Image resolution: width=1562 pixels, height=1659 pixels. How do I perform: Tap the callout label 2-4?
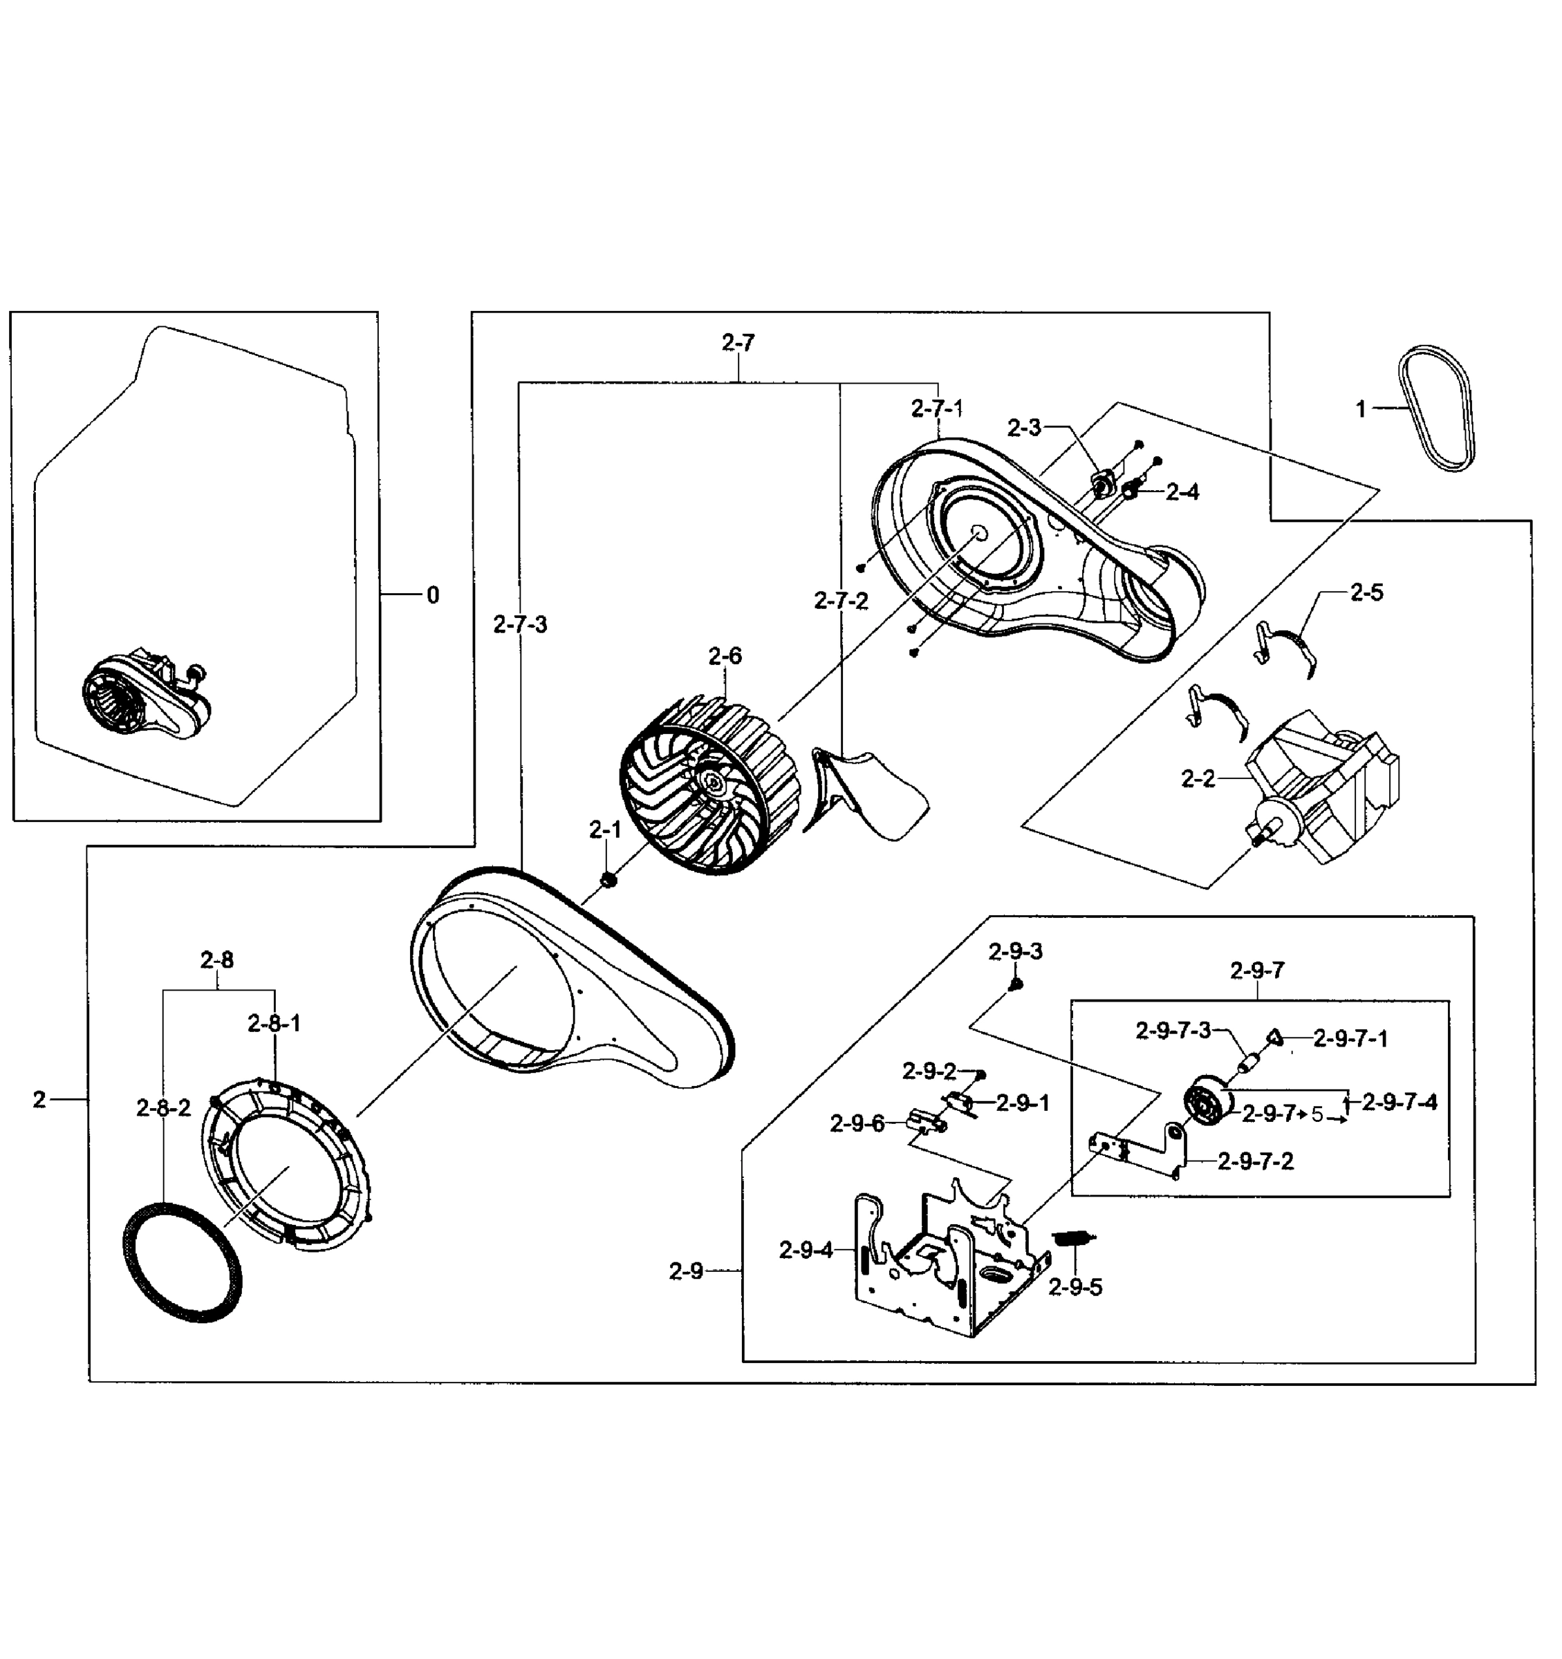click(1182, 492)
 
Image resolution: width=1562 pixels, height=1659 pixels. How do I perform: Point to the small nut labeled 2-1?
click(608, 879)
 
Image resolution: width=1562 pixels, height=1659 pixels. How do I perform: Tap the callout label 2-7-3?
click(520, 624)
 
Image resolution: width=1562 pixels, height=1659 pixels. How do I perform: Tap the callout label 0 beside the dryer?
click(432, 595)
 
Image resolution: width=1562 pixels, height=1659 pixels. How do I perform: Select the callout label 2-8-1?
click(274, 1024)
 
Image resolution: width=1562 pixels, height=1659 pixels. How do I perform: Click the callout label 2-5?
click(1366, 592)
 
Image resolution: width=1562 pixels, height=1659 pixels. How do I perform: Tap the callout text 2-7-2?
click(841, 601)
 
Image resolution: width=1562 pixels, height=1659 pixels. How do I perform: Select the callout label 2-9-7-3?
click(1172, 1031)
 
